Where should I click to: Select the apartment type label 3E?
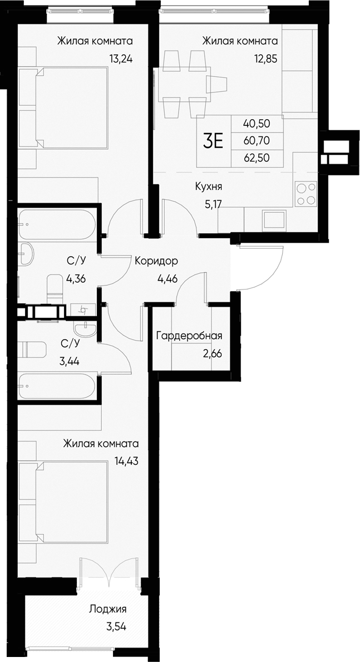(213, 141)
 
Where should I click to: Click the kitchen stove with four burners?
(306, 194)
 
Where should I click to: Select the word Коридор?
(156, 261)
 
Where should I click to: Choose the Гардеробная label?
(189, 336)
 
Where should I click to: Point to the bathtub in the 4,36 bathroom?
(57, 224)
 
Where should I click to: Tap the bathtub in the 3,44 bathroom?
(57, 385)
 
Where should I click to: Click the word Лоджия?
(108, 609)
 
